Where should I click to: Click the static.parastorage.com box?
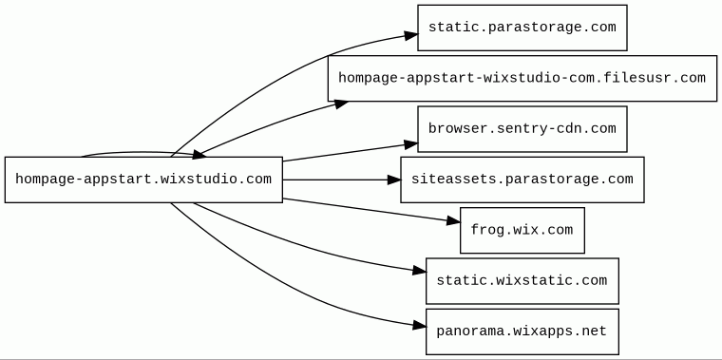pyautogui.click(x=522, y=28)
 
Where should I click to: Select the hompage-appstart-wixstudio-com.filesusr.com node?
pyautogui.click(x=522, y=78)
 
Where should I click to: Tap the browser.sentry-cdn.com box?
pyautogui.click(x=522, y=129)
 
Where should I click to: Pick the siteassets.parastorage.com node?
pyautogui.click(x=522, y=180)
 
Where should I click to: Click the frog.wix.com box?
pyautogui.click(x=522, y=230)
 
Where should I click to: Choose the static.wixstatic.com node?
pyautogui.click(x=522, y=281)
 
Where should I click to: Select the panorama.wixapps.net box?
pyautogui.click(x=522, y=332)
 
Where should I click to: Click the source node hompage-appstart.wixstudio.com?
pyautogui.click(x=143, y=180)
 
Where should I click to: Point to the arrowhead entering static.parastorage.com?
pyautogui.click(x=411, y=35)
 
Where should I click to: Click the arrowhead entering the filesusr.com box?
pyautogui.click(x=341, y=104)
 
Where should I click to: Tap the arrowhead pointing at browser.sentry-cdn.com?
pyautogui.click(x=411, y=145)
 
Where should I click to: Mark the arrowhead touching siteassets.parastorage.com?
pyautogui.click(x=394, y=180)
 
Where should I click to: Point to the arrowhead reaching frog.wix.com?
pyautogui.click(x=453, y=221)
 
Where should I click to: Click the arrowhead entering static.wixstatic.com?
pyautogui.click(x=420, y=271)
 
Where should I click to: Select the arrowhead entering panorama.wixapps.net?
pyautogui.click(x=420, y=326)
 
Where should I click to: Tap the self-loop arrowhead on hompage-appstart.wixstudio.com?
pyautogui.click(x=199, y=155)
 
